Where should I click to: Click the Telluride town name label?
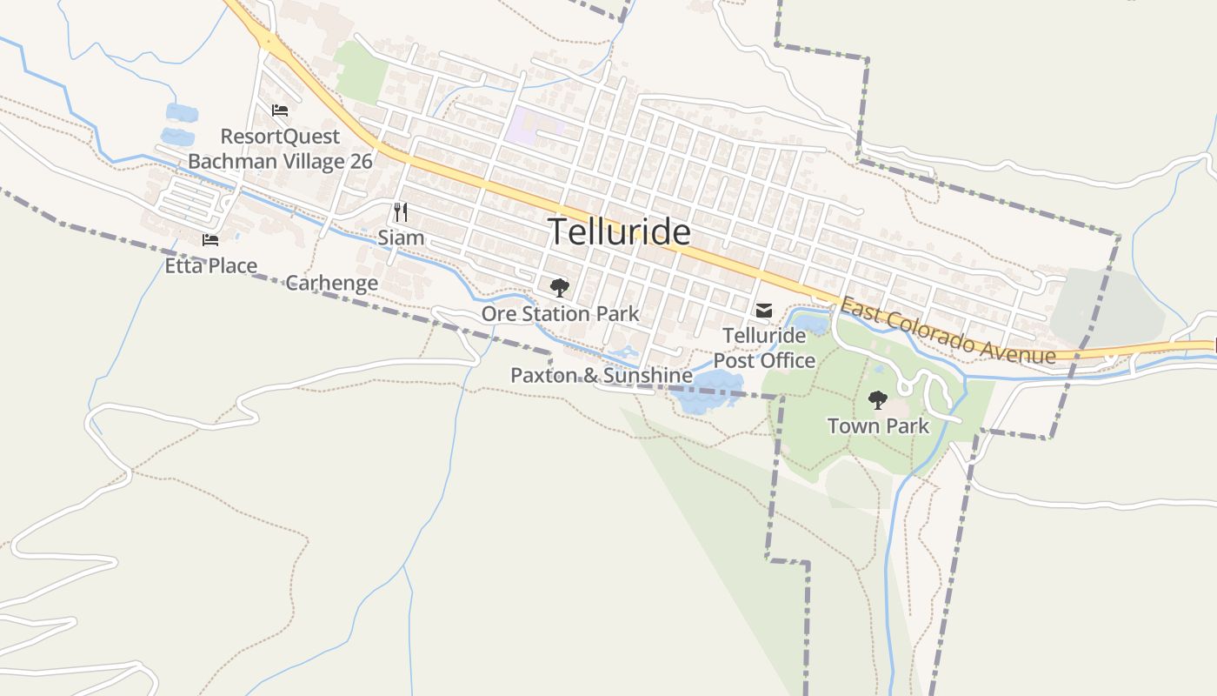[x=620, y=232]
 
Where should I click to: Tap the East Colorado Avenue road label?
[x=948, y=331]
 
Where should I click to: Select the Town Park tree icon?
[x=878, y=400]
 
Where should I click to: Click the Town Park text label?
[x=878, y=426]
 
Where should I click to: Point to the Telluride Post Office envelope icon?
[x=764, y=311]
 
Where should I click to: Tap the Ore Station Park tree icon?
[x=560, y=287]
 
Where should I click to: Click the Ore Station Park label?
[x=560, y=314]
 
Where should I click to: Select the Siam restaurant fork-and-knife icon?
[x=401, y=211]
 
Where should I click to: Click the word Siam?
[x=401, y=238]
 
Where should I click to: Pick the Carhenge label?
[x=331, y=283]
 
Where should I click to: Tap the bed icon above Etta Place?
[x=209, y=240]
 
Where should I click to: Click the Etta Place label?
[x=211, y=265]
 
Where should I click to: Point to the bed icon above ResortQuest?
[x=279, y=110]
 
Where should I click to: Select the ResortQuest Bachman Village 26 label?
[x=280, y=149]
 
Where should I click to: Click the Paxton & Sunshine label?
[x=601, y=376]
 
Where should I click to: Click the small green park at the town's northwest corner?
[x=360, y=71]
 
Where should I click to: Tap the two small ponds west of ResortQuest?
[x=179, y=124]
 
